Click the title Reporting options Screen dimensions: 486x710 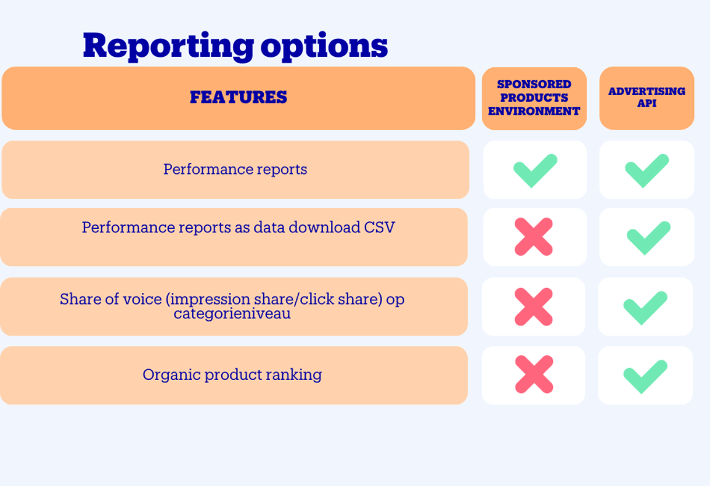[x=235, y=45]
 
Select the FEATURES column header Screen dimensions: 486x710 [x=238, y=97]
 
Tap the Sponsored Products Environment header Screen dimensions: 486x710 [x=534, y=98]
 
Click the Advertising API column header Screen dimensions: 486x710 [x=647, y=97]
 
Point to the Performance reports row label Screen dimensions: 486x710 [x=235, y=169]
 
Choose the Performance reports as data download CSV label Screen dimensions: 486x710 [x=238, y=227]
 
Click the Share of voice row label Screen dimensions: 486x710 [x=232, y=306]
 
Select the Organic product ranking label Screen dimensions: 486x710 [x=232, y=374]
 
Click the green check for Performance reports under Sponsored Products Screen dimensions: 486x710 [x=535, y=170]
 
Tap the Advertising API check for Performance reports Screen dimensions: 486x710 [x=647, y=170]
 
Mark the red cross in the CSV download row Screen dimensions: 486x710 [x=534, y=237]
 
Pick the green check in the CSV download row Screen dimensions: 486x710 [x=648, y=237]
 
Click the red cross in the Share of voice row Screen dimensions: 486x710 [x=534, y=307]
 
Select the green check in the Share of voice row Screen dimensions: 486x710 [x=645, y=307]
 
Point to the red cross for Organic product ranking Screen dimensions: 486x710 [x=534, y=374]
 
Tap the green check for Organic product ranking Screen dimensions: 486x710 [x=645, y=376]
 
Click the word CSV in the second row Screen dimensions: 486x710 [x=379, y=227]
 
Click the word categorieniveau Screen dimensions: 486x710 [x=232, y=313]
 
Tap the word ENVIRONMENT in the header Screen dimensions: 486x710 [x=534, y=112]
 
